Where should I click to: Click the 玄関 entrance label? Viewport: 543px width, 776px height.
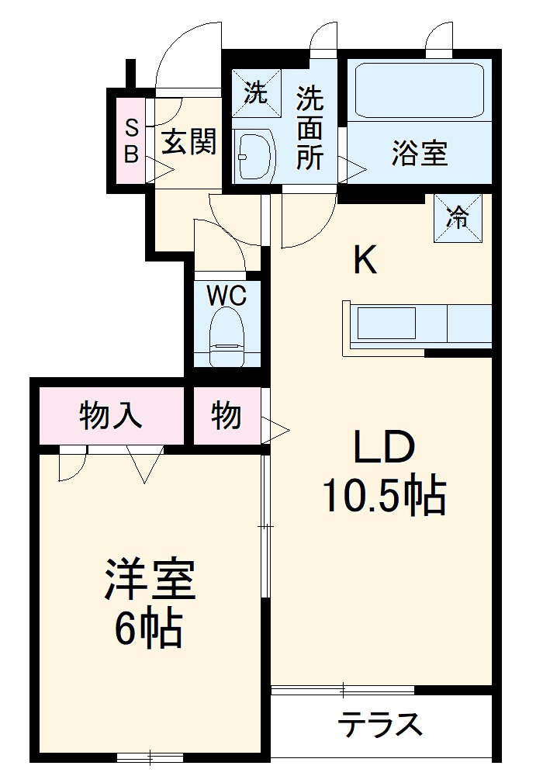pos(188,142)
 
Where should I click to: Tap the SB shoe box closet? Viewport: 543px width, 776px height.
pos(131,140)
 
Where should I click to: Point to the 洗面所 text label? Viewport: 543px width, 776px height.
pos(310,128)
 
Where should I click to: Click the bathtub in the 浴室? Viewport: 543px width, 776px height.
pos(419,89)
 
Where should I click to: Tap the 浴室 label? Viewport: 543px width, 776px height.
pos(419,154)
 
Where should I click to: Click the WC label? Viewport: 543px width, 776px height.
pos(227,295)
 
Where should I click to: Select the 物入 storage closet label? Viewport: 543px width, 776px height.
pos(112,416)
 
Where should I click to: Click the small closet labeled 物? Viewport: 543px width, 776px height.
pos(226,416)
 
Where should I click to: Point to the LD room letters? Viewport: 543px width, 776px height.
pos(386,449)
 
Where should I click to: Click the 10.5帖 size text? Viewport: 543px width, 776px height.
pos(385,496)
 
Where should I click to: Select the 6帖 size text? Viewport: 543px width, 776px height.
pos(149,629)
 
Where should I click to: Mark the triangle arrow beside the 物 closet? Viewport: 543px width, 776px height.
pos(277,426)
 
